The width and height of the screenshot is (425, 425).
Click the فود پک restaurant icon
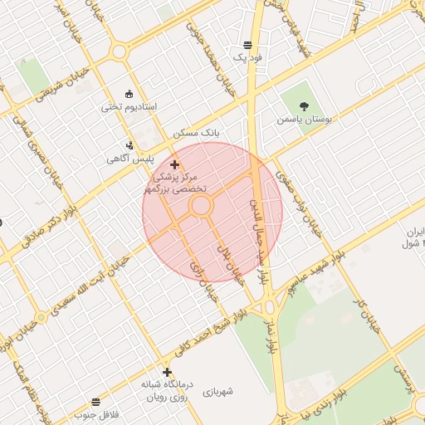pos(247,45)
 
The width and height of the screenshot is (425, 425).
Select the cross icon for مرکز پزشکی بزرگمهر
pos(174,165)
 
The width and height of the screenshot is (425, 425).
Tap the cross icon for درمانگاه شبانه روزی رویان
pos(168,372)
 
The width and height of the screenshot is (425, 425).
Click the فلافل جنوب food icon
pos(95,402)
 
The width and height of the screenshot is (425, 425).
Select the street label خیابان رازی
pos(204,278)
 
